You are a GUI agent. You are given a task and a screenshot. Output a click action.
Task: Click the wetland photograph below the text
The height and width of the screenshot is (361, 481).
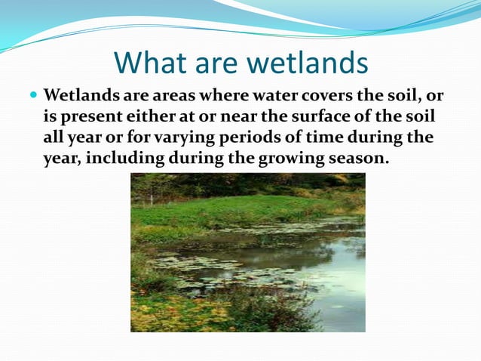247,252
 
